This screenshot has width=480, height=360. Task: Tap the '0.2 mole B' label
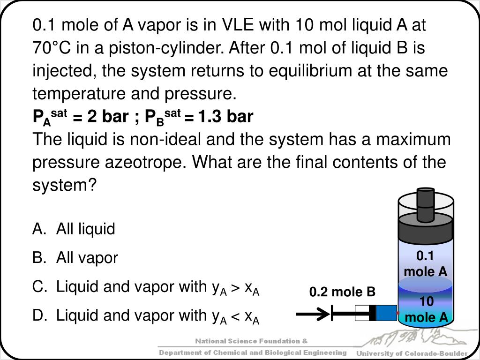342,292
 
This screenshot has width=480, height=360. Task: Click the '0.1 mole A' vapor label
425,263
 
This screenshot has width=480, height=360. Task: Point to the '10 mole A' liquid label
426,310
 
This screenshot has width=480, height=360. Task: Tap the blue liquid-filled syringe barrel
386,313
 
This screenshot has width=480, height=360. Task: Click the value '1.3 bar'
225,116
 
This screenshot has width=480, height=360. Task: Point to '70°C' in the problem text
51,47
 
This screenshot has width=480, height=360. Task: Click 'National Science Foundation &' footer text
252,341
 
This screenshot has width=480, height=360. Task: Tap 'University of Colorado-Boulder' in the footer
412,353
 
